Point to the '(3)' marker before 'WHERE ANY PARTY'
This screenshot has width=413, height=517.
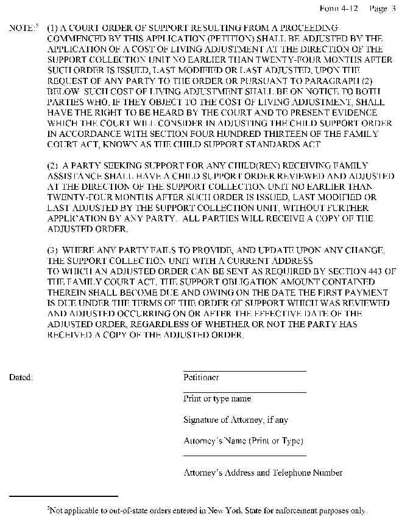52,251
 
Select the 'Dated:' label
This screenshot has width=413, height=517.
21,378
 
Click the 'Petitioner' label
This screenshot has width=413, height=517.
201,378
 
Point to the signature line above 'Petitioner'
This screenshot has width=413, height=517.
244,370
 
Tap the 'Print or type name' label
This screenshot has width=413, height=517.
217,399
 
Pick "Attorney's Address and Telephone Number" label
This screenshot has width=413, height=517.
263,473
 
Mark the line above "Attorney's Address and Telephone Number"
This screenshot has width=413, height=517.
244,456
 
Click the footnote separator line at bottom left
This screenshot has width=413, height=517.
63,496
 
